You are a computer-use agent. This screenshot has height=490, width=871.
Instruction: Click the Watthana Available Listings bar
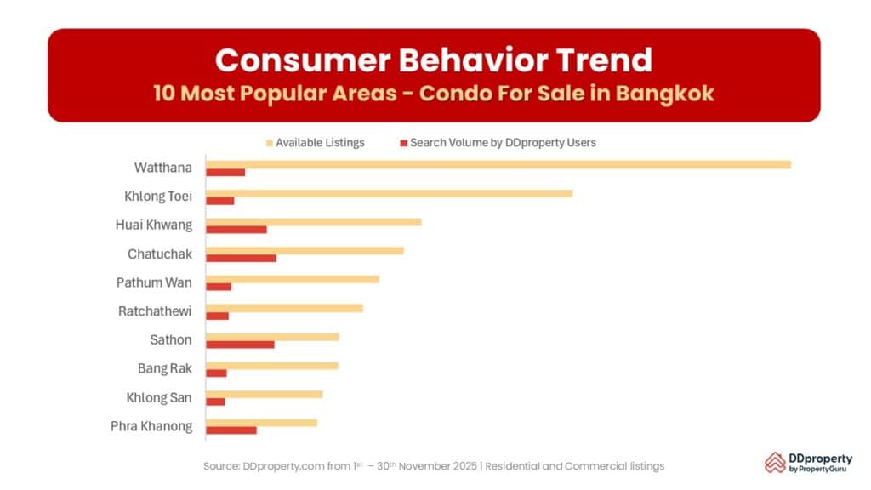[498, 164]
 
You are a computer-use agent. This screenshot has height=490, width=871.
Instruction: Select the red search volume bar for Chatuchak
[241, 258]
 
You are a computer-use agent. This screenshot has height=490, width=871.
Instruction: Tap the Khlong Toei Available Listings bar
[389, 193]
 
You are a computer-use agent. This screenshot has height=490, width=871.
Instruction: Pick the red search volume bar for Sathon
[240, 345]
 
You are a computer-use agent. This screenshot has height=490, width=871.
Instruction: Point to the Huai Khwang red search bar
[236, 230]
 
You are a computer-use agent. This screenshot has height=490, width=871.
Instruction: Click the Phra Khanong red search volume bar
[231, 430]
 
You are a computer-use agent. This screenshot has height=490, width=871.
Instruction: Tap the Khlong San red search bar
[215, 402]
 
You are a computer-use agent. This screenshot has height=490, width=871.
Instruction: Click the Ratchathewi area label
[155, 311]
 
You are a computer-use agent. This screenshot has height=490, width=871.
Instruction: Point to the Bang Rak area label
[165, 369]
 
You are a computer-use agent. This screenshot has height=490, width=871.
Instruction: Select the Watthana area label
[162, 168]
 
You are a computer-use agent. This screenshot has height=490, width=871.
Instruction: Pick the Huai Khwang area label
[154, 225]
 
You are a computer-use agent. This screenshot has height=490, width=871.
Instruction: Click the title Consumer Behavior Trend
[434, 60]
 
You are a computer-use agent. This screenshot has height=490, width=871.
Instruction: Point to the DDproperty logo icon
[775, 462]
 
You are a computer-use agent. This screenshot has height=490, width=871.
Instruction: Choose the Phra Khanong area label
[151, 427]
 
